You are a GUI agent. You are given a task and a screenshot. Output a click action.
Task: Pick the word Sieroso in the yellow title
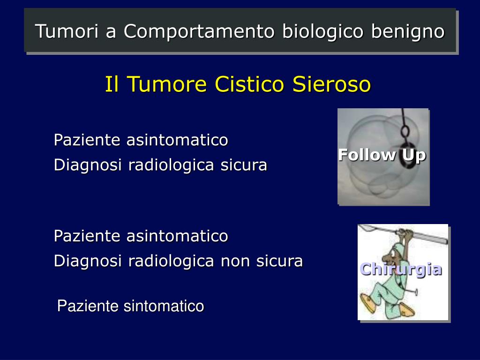[x=332, y=84]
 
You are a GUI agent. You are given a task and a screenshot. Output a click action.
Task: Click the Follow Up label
[x=382, y=155]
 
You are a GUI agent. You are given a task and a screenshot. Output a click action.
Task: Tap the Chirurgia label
[x=401, y=270]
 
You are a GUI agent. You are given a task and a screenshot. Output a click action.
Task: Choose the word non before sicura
[x=234, y=261]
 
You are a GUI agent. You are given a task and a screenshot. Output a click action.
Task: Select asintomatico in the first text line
[x=177, y=140]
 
